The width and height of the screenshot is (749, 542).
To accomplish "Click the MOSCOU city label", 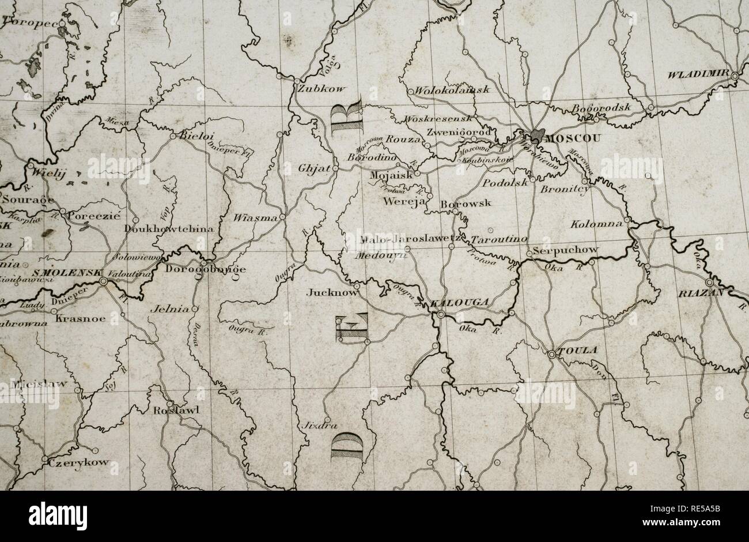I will tap(572, 138).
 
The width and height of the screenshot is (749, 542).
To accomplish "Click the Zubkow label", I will tap(320, 89).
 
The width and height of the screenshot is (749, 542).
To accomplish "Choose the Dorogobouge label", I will tap(205, 268).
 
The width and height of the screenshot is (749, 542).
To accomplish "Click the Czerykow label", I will tap(71, 462).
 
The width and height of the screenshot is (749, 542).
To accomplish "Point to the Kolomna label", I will tap(596, 223).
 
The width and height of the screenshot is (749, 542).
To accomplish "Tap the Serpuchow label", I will tap(566, 250).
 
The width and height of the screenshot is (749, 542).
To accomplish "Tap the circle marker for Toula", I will tap(551, 355).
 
